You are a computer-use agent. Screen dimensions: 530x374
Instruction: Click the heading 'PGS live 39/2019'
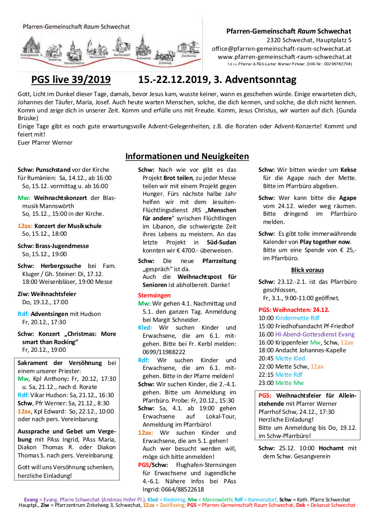pyautogui.click(x=71, y=80)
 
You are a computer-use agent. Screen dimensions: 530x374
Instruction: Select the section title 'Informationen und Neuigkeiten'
pyautogui.click(x=187, y=156)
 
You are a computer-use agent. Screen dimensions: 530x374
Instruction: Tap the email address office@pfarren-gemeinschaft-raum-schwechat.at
pyautogui.click(x=281, y=49)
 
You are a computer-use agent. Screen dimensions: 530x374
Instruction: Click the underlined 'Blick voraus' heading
pyautogui.click(x=307, y=270)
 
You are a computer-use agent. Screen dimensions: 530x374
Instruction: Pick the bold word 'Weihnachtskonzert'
pyautogui.click(x=61, y=198)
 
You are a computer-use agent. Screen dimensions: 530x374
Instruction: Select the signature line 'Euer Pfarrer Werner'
pyautogui.click(x=45, y=142)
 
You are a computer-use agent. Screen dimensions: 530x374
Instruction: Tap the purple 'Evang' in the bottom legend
pyautogui.click(x=31, y=500)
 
